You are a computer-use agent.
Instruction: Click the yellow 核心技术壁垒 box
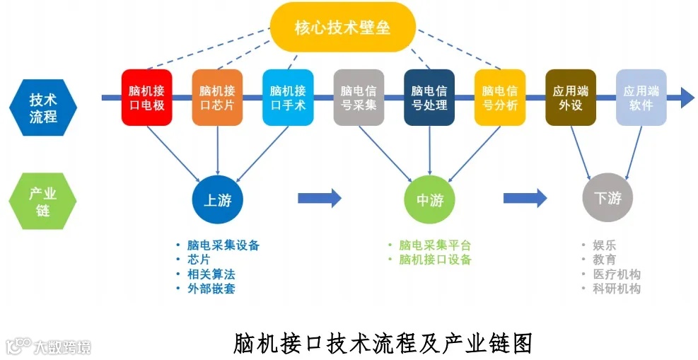pos(343,28)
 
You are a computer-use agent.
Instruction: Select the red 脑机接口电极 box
pos(147,98)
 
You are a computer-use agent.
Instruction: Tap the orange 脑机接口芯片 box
pos(217,98)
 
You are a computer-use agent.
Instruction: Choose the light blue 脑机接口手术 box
pos(288,98)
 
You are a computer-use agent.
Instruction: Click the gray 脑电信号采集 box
pos(359,98)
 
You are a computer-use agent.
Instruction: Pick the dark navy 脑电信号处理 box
pos(429,98)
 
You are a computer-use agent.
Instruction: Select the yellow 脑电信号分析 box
pos(500,98)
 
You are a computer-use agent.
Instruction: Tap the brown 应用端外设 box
pos(571,98)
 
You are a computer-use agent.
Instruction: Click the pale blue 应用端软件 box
pos(641,98)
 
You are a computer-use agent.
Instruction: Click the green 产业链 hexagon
pos(43,201)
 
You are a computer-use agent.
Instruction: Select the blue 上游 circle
pos(218,200)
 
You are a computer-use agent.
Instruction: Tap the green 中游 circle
pos(430,200)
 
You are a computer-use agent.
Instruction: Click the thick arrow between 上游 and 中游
pos(320,198)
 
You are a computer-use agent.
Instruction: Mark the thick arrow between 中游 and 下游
pos(525,198)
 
